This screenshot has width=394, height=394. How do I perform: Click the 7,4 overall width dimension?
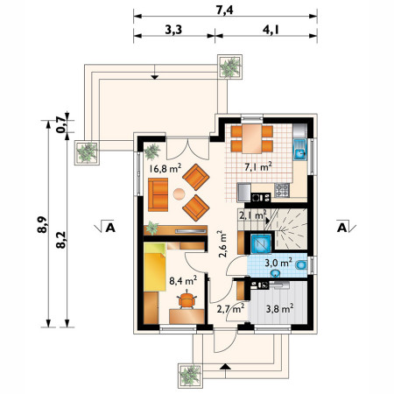(224, 10)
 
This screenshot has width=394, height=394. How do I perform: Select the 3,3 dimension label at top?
(173, 30)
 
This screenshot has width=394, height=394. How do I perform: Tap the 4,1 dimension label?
(271, 30)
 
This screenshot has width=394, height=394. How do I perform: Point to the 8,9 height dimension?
(42, 224)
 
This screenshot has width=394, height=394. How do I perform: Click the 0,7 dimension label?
(60, 124)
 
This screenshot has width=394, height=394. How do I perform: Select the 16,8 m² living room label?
(165, 168)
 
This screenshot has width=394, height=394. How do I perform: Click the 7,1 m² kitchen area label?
(258, 166)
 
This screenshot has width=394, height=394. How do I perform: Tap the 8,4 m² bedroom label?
(183, 280)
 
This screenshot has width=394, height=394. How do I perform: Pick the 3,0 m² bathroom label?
(278, 263)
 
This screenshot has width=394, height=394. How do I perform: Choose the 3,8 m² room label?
(279, 308)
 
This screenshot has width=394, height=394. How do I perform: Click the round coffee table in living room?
(179, 194)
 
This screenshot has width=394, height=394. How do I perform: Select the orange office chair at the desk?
(186, 299)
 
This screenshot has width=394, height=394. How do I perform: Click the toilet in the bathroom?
(301, 265)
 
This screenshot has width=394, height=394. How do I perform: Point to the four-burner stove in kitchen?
(282, 190)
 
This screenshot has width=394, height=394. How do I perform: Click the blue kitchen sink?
(299, 149)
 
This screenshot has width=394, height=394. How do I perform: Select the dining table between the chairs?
(252, 138)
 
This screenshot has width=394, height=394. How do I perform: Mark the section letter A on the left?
(110, 227)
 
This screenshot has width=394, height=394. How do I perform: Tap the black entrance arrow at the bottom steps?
(224, 367)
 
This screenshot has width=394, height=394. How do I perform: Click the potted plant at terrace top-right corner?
(230, 67)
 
